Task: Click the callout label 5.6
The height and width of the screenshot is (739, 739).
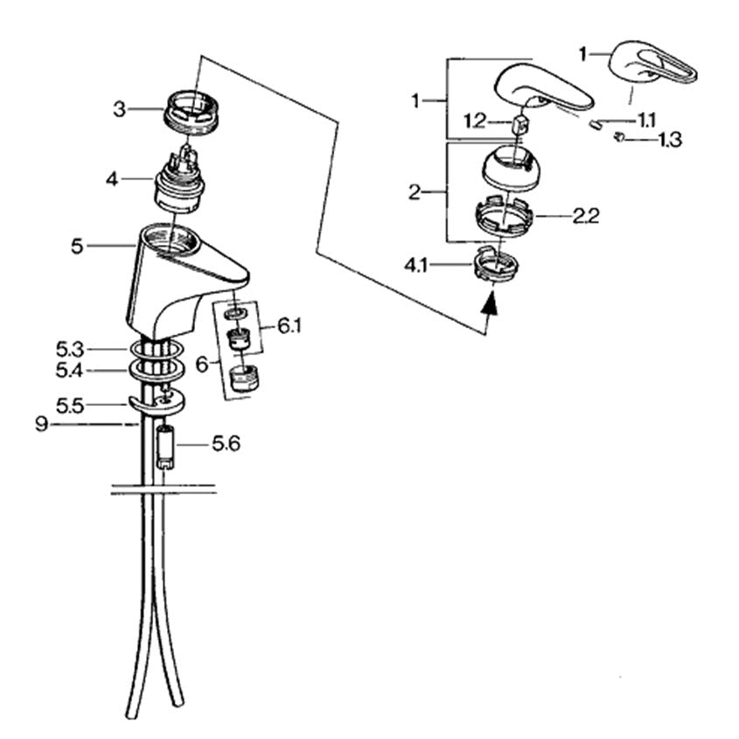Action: [x=226, y=443]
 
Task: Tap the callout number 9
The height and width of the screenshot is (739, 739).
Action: [x=41, y=425]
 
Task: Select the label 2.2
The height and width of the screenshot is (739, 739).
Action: [x=586, y=216]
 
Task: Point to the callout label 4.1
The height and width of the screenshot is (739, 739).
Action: [x=415, y=266]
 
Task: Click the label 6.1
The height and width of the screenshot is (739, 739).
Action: [x=289, y=326]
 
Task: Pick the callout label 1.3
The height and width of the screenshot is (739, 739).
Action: [x=670, y=140]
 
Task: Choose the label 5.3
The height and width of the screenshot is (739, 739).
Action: [x=70, y=350]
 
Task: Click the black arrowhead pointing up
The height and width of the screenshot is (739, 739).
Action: [x=490, y=302]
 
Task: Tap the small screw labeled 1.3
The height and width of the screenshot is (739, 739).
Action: [x=619, y=137]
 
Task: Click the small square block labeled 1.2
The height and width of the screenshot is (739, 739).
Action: [x=519, y=124]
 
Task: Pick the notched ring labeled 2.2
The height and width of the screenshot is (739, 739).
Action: [x=503, y=216]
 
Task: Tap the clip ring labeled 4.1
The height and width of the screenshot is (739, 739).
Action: [x=495, y=264]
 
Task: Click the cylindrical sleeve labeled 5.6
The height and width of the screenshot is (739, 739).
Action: [x=165, y=447]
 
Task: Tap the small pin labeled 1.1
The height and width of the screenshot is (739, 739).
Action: [x=595, y=124]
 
